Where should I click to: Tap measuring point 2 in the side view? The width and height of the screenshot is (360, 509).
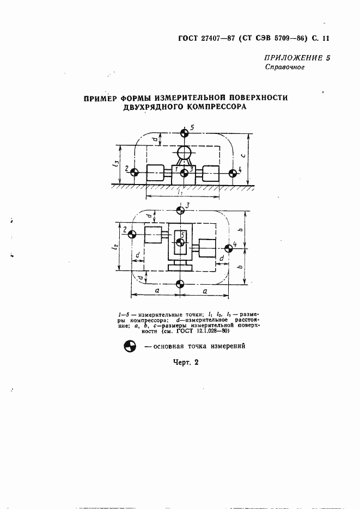pos(135,173)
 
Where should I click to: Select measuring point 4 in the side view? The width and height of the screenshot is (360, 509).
pos(233,173)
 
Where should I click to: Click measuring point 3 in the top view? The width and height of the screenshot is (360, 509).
pos(180,209)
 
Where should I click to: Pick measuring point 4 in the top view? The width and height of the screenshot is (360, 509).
pos(228,248)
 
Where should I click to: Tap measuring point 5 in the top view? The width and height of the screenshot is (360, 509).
pos(180,241)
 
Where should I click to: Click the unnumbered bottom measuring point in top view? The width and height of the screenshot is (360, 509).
pos(180,283)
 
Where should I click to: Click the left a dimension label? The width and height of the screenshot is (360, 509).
pos(156,292)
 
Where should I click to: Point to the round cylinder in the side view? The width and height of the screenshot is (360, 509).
pos(185,152)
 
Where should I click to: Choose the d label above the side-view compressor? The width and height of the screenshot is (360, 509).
pos(155,139)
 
